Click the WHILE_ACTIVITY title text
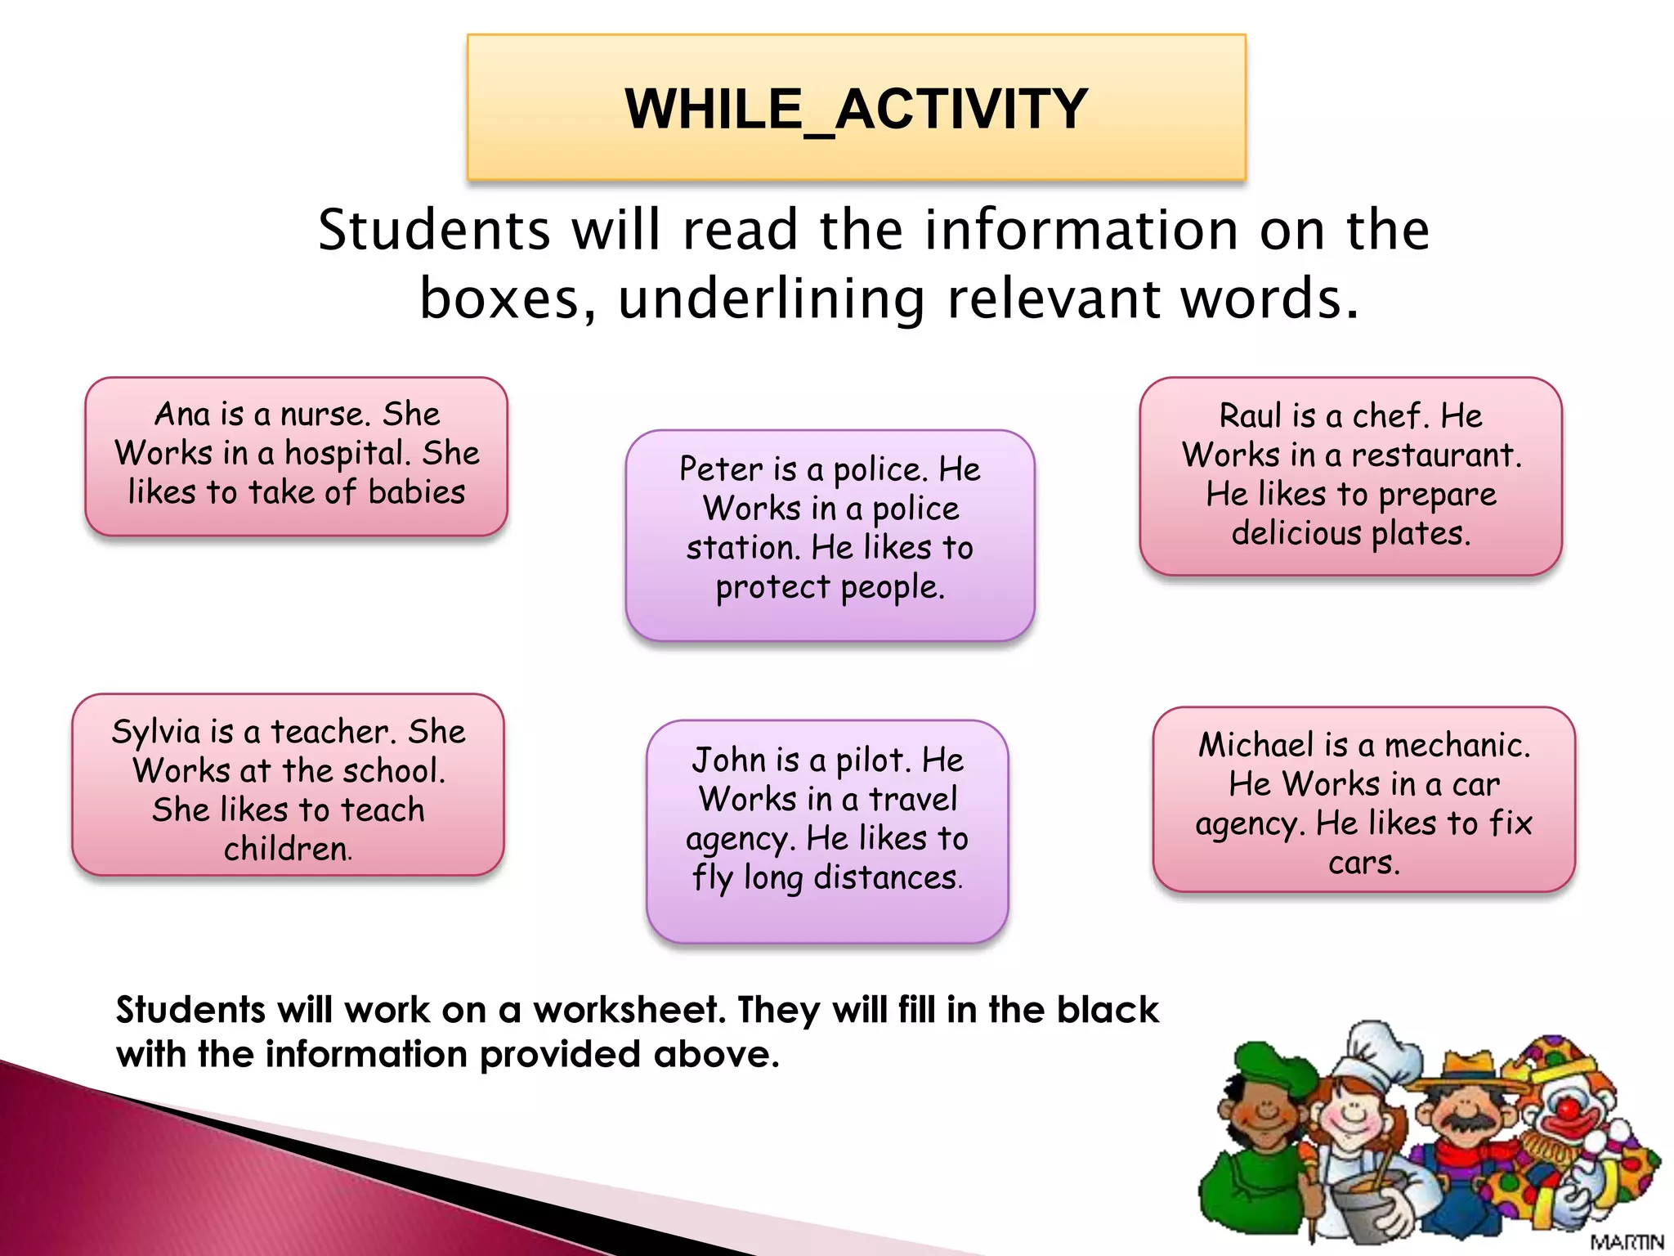[x=856, y=109]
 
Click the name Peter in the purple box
[x=720, y=469]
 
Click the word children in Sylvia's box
[x=288, y=850]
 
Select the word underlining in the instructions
[x=772, y=298]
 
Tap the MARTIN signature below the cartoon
[x=1626, y=1242]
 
